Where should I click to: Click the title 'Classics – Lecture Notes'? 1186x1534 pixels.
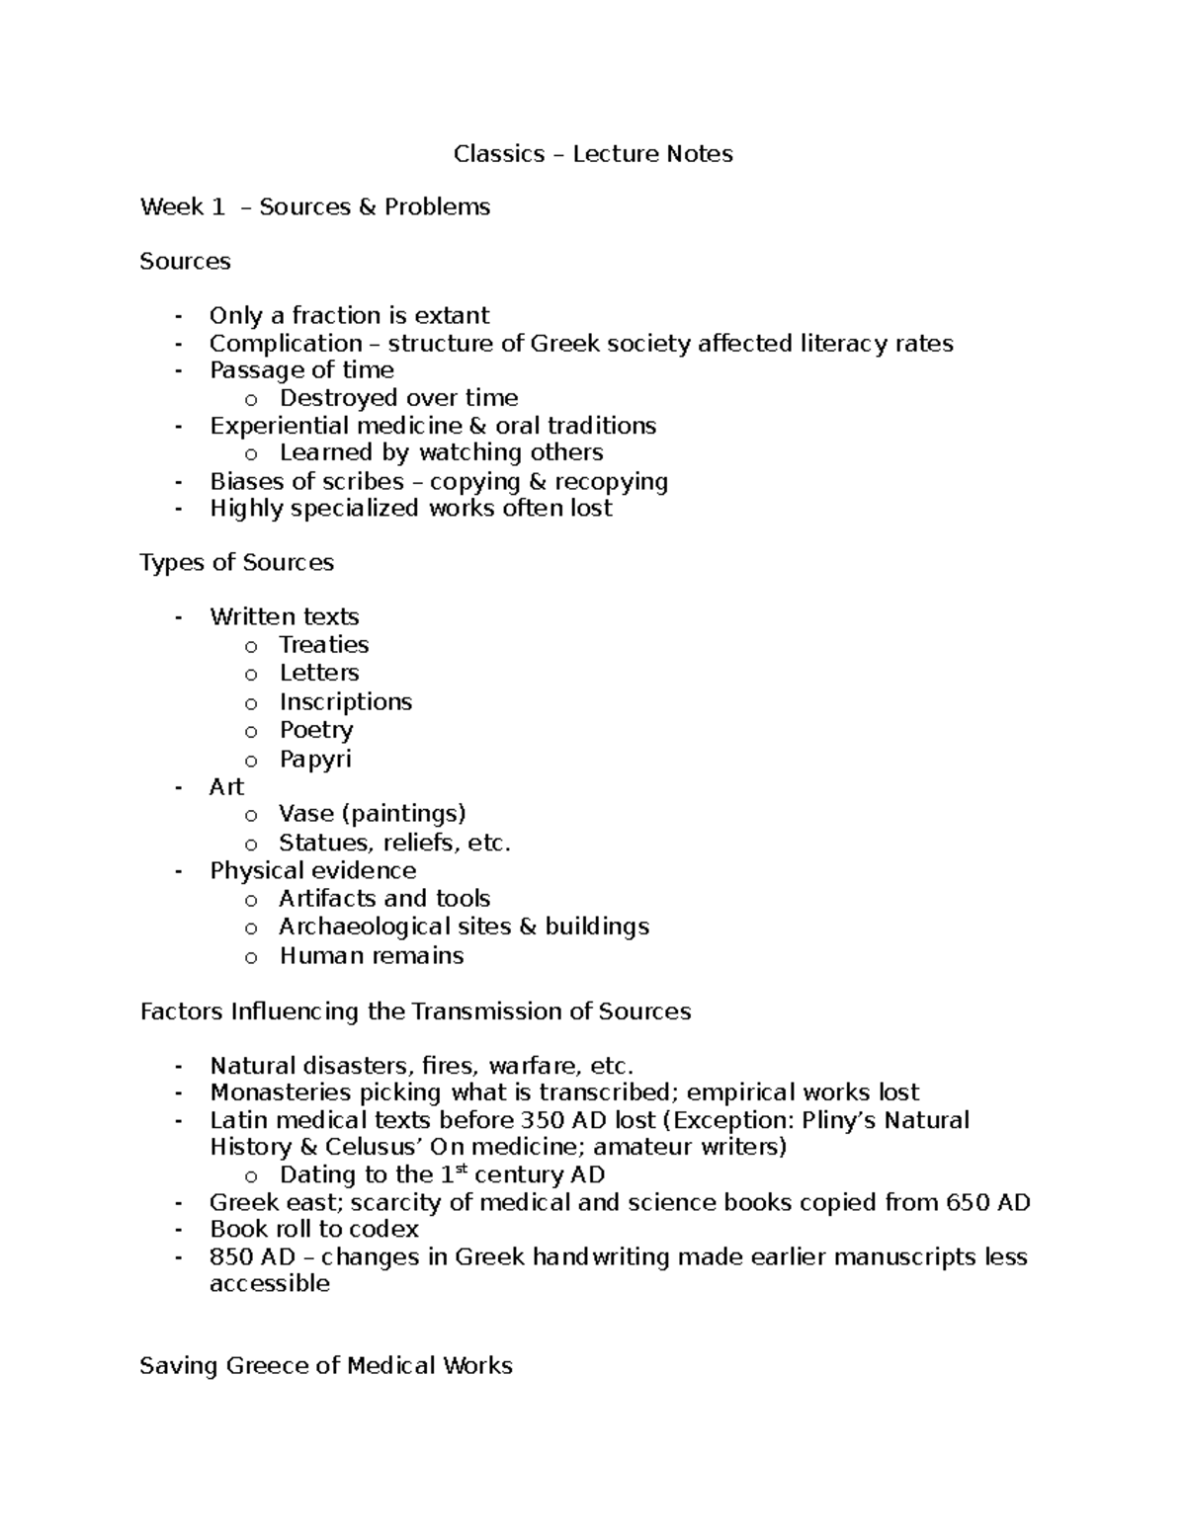(593, 154)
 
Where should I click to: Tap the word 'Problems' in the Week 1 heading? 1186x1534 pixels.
(437, 207)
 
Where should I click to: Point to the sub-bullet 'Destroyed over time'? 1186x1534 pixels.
(398, 398)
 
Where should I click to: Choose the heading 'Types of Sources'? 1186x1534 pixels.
(237, 563)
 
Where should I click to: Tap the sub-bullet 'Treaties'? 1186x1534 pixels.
(323, 645)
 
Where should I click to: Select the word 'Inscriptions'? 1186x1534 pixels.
(345, 702)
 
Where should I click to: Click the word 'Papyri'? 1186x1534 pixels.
(315, 760)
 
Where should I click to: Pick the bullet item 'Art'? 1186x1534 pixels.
(226, 787)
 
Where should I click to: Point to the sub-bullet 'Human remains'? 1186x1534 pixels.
(371, 956)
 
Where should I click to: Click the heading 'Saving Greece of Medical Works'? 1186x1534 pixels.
(326, 1366)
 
